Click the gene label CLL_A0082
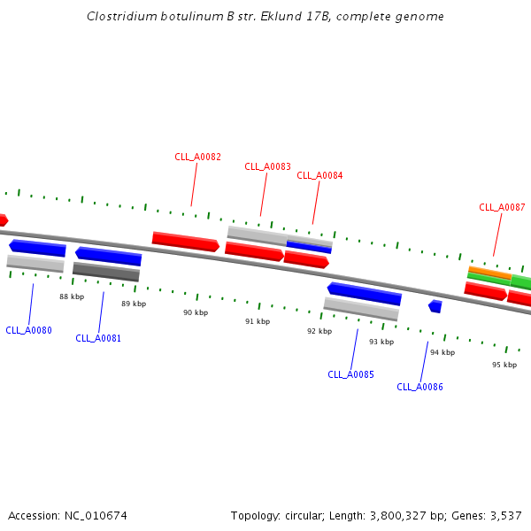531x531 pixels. (197, 157)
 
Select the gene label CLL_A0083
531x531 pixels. (267, 166)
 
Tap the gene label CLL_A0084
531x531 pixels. (319, 175)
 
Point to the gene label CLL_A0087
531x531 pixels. (502, 207)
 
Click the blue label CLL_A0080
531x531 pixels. (28, 330)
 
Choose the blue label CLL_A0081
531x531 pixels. (98, 338)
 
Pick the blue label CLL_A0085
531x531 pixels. (350, 374)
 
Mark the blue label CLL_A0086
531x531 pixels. (419, 387)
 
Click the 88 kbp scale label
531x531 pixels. (72, 296)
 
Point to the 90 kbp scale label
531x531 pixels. (196, 312)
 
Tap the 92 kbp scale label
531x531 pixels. (319, 331)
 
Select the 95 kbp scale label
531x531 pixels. (504, 365)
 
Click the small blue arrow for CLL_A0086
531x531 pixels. (435, 306)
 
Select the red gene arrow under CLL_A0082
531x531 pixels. (185, 241)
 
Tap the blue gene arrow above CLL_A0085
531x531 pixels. (365, 293)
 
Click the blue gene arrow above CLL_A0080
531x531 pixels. (37, 248)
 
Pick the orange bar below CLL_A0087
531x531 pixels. (489, 272)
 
